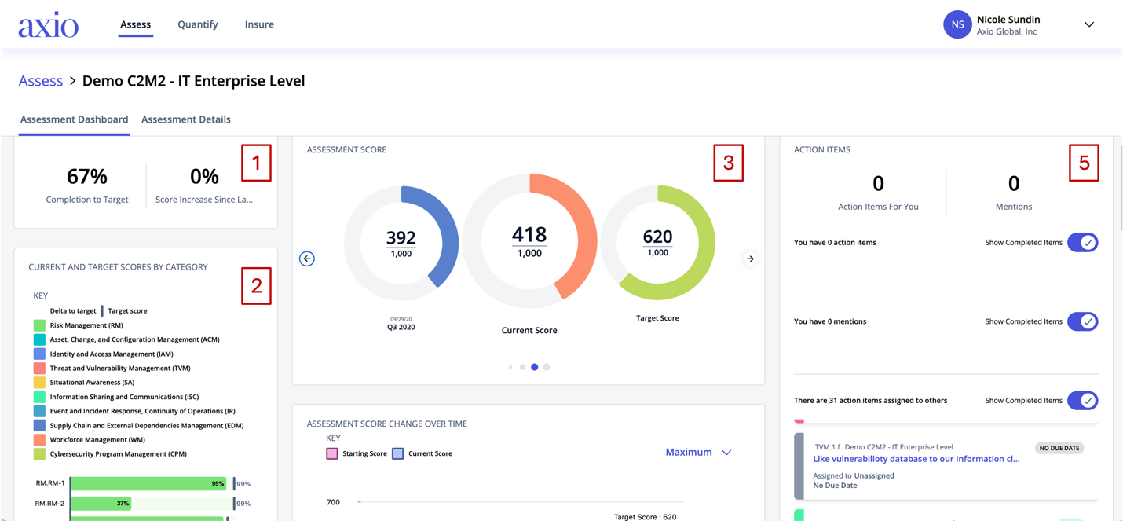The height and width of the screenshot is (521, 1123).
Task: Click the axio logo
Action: pyautogui.click(x=49, y=24)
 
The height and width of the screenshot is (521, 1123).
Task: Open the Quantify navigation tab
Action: pyautogui.click(x=198, y=24)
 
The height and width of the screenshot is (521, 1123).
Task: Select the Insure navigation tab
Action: pyautogui.click(x=259, y=24)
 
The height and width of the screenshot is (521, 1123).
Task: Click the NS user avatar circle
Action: pyautogui.click(x=957, y=24)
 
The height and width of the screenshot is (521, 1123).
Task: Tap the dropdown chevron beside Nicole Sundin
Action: pyautogui.click(x=1089, y=24)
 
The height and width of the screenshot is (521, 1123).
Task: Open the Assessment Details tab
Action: pyautogui.click(x=186, y=119)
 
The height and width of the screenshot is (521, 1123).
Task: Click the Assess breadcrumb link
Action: pyautogui.click(x=41, y=81)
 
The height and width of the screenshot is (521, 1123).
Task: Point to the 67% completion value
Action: pyautogui.click(x=87, y=177)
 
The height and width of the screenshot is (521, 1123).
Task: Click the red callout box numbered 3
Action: pyautogui.click(x=729, y=163)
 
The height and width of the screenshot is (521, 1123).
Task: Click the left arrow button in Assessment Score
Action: pyautogui.click(x=307, y=259)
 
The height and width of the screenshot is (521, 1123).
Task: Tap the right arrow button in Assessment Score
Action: pyautogui.click(x=750, y=259)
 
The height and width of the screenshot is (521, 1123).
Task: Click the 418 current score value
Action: pyautogui.click(x=529, y=235)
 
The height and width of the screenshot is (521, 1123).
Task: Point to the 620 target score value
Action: pyautogui.click(x=657, y=237)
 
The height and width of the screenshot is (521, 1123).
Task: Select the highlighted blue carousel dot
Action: pyautogui.click(x=535, y=367)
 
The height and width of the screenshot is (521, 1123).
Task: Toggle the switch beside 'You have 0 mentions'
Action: pyautogui.click(x=1082, y=321)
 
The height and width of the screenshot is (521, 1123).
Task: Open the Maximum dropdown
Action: pyautogui.click(x=698, y=453)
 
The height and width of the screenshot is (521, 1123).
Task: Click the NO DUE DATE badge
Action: pyautogui.click(x=1059, y=448)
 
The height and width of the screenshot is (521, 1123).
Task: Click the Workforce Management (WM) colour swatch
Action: pyautogui.click(x=39, y=440)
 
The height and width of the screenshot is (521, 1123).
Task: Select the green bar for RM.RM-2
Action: pyautogui.click(x=101, y=504)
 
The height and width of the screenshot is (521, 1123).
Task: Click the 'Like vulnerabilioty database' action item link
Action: pyautogui.click(x=916, y=459)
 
